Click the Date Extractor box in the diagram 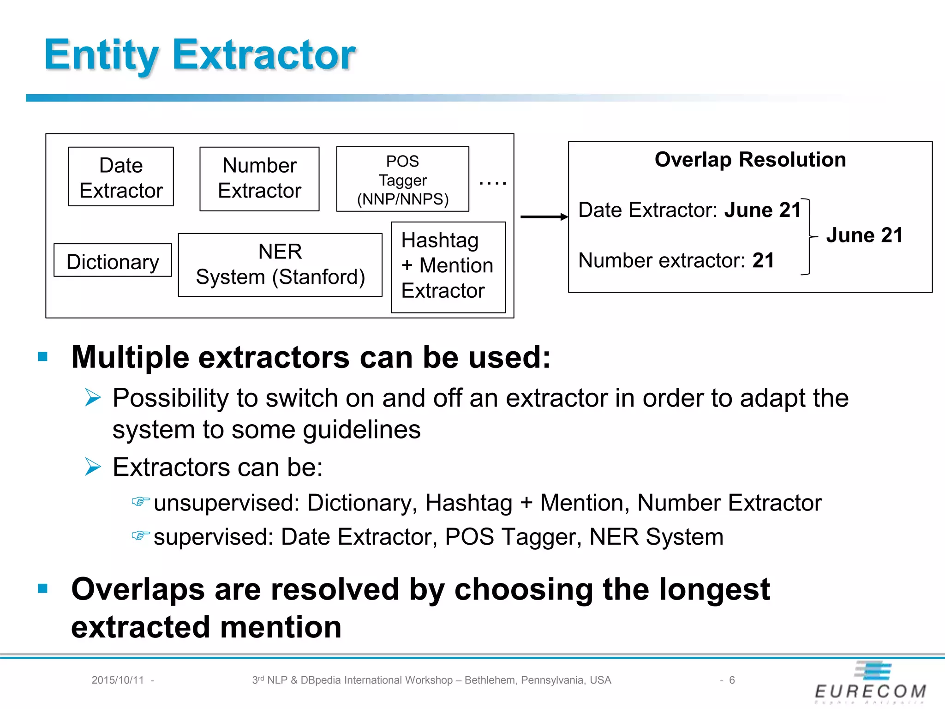click(121, 177)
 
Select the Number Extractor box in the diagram click(259, 179)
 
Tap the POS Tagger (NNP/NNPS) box click(402, 180)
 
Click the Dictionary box click(113, 261)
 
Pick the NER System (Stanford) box click(280, 265)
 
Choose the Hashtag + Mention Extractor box click(448, 267)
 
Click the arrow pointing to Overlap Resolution click(544, 216)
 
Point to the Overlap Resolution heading click(750, 160)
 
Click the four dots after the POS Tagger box click(492, 183)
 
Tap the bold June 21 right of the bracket click(864, 235)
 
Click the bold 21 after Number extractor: click(763, 260)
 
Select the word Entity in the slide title click(102, 55)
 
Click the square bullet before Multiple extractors click(43, 356)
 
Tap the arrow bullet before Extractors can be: click(93, 467)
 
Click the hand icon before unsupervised click(140, 501)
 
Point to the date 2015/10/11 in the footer click(118, 680)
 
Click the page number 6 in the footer click(732, 680)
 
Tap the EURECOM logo click(871, 683)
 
